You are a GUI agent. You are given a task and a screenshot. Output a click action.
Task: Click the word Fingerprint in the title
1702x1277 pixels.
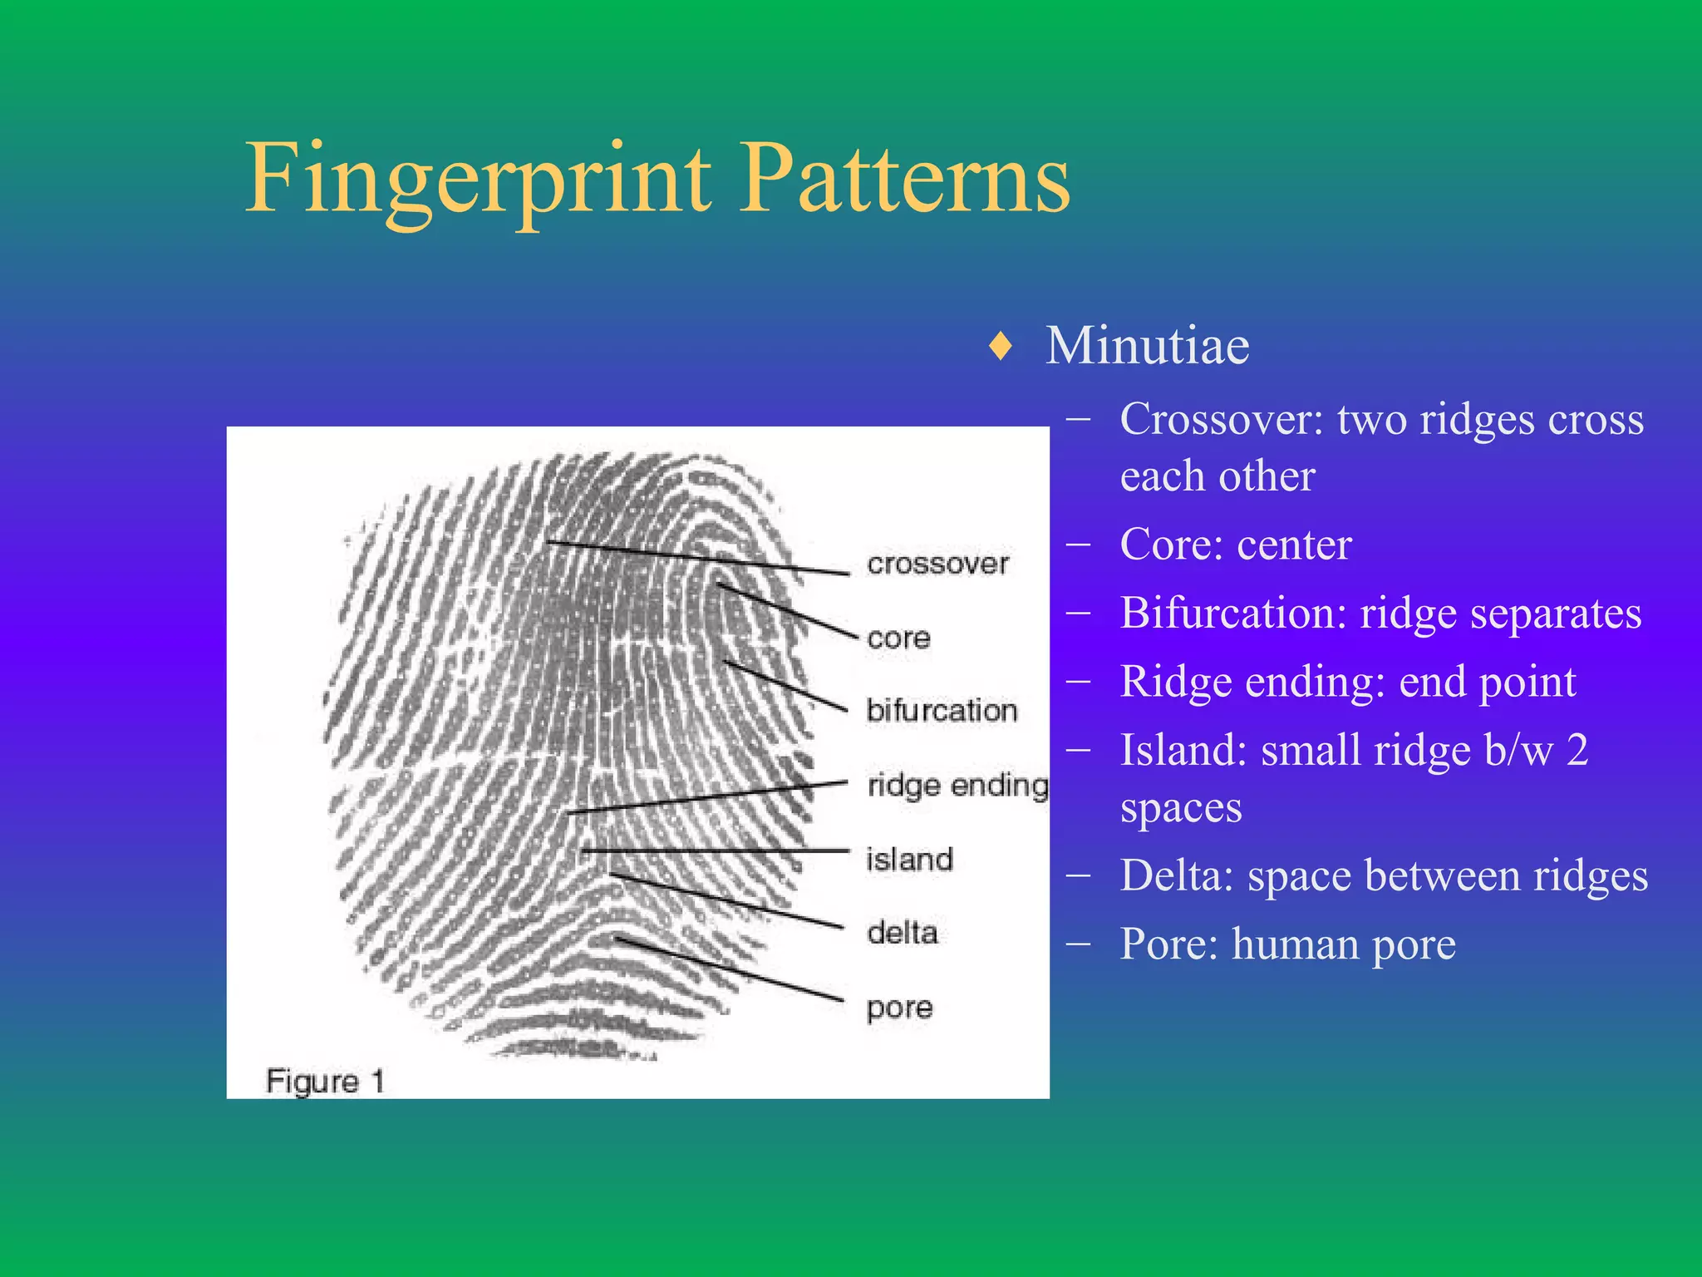478,179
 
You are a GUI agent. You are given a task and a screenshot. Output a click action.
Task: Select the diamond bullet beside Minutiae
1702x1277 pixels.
1001,346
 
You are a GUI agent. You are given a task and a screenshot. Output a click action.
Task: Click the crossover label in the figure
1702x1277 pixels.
937,564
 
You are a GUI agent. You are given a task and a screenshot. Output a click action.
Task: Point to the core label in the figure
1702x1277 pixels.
898,638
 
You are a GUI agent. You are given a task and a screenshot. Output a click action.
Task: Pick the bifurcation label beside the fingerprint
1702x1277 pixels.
942,711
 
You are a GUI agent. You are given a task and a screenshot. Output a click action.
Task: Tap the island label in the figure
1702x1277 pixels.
909,859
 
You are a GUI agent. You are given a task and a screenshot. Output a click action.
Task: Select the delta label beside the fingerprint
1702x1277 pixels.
903,933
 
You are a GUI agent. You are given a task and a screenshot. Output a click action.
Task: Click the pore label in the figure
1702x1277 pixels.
899,1008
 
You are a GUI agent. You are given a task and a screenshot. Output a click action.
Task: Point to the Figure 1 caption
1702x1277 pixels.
325,1081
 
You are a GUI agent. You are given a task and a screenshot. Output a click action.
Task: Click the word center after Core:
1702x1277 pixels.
1294,545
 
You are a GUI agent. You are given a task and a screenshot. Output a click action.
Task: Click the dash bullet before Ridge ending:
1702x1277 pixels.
1079,683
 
